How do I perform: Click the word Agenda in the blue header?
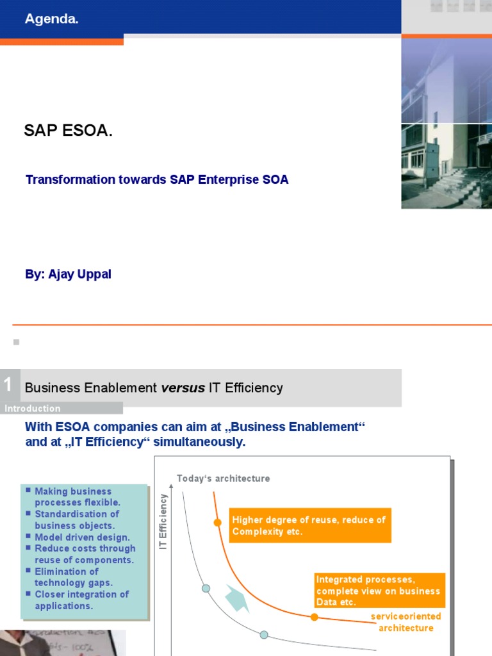point(51,19)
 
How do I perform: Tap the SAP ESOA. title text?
point(68,131)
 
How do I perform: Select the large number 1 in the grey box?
point(8,384)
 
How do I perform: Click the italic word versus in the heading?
point(183,388)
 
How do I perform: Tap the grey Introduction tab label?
point(33,409)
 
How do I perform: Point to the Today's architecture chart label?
point(223,479)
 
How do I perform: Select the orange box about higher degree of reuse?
point(309,525)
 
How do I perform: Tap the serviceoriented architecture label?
point(406,622)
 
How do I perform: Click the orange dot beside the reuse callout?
point(217,523)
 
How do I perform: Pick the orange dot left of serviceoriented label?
point(314,617)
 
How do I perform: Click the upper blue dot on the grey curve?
point(206,588)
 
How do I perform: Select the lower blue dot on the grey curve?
point(263,634)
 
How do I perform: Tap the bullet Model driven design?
point(82,537)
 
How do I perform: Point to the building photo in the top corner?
point(447,122)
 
